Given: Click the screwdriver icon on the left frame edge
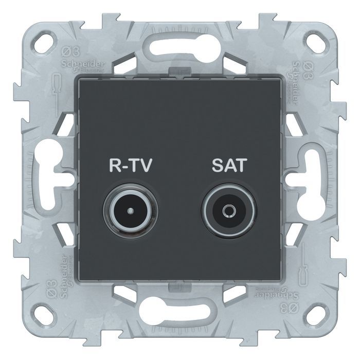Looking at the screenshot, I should (x=58, y=82).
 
